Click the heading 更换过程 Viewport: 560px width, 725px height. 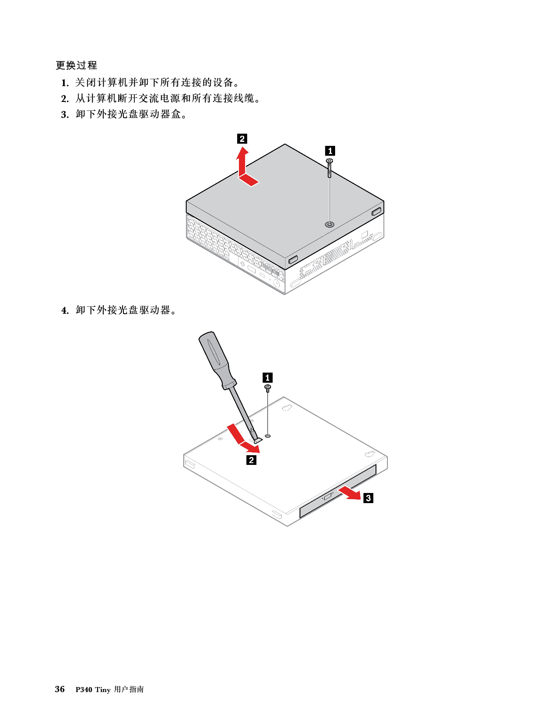coord(76,65)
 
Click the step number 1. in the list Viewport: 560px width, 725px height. coord(65,83)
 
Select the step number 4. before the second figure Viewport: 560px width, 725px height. coord(65,311)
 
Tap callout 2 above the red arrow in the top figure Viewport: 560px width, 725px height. coord(242,139)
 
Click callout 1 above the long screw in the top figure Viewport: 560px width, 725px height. coord(330,151)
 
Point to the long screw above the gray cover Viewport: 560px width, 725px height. coord(329,168)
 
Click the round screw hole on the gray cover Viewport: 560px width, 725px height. coord(329,225)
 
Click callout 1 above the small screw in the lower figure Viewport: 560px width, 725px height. coord(267,378)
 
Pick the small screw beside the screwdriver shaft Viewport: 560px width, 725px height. coord(267,388)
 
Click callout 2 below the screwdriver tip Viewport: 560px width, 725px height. coord(252,460)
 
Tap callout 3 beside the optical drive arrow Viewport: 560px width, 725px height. coord(368,498)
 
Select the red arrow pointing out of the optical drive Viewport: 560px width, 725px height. coord(350,493)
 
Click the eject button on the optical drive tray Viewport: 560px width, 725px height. coord(327,497)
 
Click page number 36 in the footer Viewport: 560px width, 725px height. coord(60,689)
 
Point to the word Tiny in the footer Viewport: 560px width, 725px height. coord(103,690)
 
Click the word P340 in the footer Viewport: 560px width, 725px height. coord(84,690)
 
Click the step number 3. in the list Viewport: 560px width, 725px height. coord(65,114)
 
